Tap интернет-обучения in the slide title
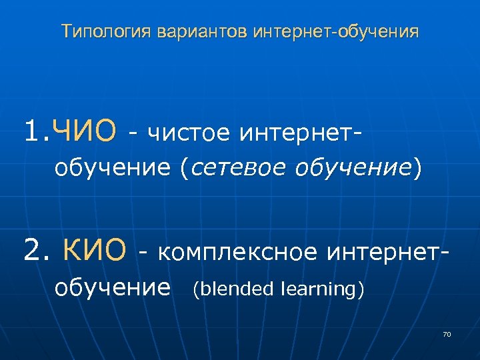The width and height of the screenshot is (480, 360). point(336,32)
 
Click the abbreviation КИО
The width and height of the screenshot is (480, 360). point(95,251)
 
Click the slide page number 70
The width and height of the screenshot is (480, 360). point(447,333)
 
